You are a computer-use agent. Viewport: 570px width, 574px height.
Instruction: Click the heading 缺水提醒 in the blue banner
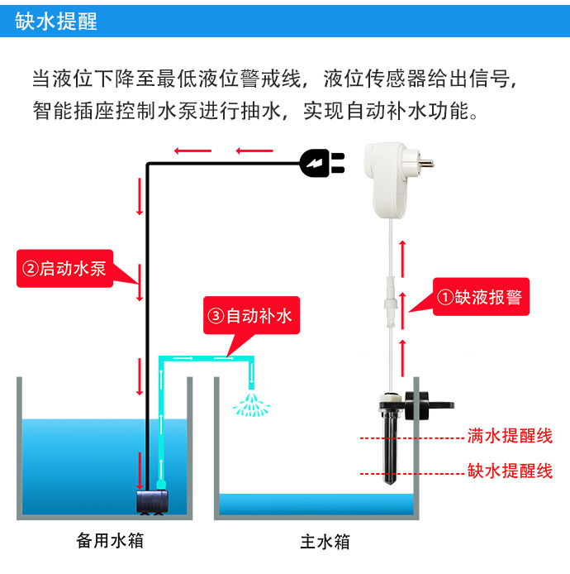[x=56, y=21]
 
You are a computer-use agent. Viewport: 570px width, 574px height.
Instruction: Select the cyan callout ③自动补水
[x=249, y=316]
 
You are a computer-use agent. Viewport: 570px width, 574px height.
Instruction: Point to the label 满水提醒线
[x=510, y=436]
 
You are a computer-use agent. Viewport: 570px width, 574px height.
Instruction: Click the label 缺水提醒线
[x=510, y=471]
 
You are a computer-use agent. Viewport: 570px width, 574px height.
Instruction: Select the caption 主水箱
[x=325, y=543]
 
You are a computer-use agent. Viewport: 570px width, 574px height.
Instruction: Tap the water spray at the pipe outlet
[x=250, y=403]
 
